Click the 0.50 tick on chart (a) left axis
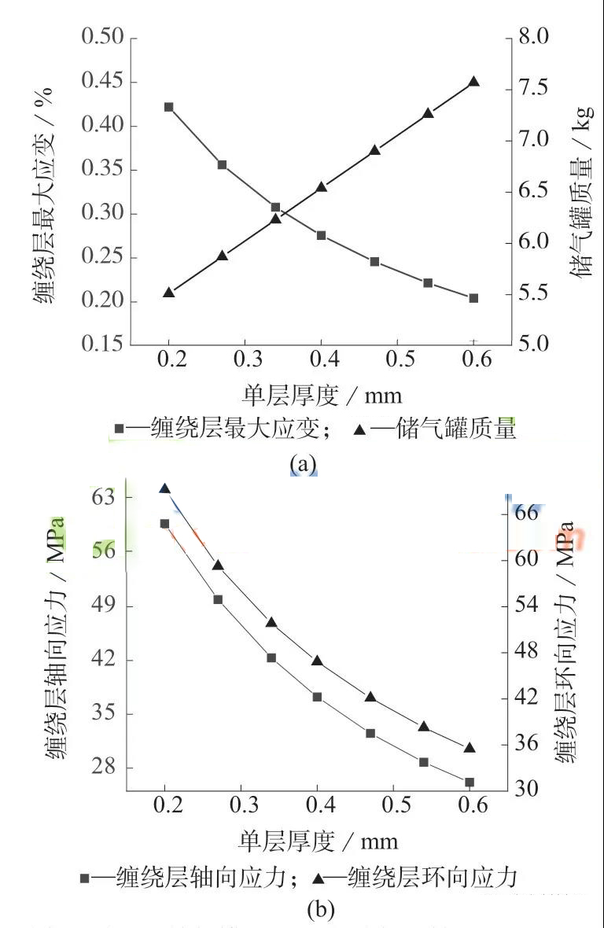point(102,38)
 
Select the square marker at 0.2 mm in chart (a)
point(169,107)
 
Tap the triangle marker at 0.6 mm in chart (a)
point(473,82)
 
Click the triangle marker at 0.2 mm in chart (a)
point(168,293)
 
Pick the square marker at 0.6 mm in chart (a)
point(473,298)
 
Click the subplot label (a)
point(303,463)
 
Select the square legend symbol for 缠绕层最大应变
point(120,429)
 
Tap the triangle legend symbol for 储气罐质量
point(359,429)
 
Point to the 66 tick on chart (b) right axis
point(543,513)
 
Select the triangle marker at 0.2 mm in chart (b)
point(164,488)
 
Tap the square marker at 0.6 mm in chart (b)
point(470,783)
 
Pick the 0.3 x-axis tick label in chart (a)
point(245,359)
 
